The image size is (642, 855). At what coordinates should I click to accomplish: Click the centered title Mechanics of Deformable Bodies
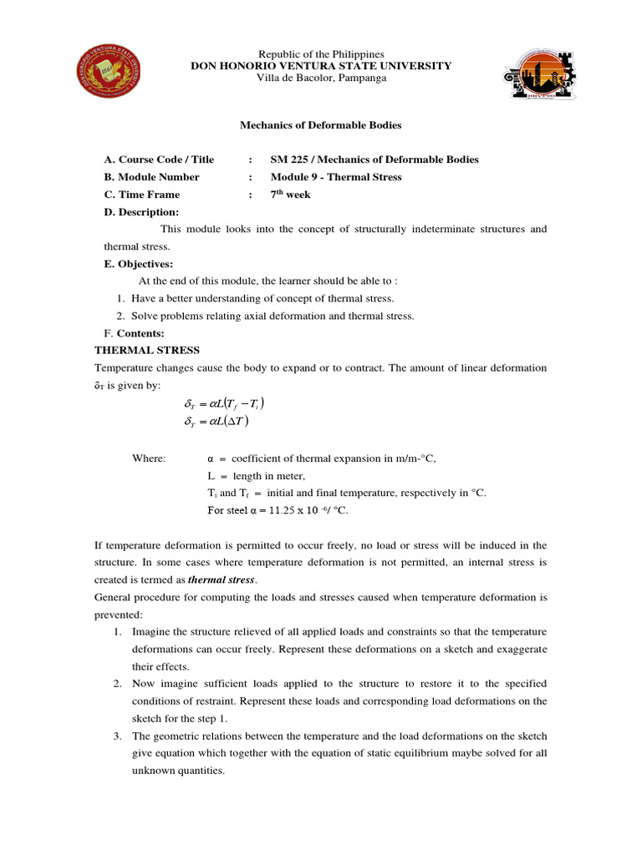[321, 125]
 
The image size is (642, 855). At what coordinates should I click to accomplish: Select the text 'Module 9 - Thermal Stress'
[336, 177]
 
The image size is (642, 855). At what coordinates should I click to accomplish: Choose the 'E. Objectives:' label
[138, 264]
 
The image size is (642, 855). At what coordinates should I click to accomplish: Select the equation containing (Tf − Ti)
[224, 404]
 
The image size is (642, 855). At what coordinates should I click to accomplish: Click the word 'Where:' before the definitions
[150, 458]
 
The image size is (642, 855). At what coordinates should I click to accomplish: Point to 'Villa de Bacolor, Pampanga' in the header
[321, 78]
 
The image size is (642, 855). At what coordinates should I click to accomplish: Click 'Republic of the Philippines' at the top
[321, 54]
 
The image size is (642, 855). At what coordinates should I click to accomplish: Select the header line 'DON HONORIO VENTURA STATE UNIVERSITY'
[321, 66]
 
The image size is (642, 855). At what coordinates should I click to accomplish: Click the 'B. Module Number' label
[151, 177]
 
